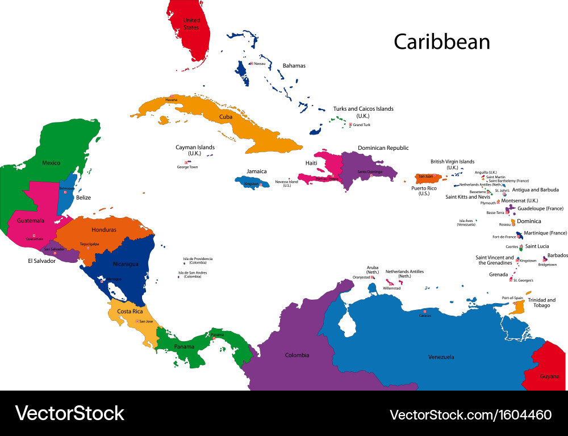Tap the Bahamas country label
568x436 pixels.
pyautogui.click(x=294, y=66)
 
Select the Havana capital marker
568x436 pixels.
pyautogui.click(x=172, y=96)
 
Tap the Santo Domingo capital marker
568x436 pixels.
pyautogui.click(x=371, y=175)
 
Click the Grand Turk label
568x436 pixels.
pyautogui.click(x=362, y=125)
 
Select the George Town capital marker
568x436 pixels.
pyautogui.click(x=186, y=163)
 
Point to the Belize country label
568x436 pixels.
pyautogui.click(x=83, y=198)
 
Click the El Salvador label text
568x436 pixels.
pyautogui.click(x=41, y=261)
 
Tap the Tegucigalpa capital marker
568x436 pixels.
pyautogui.click(x=87, y=248)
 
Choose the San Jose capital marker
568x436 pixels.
pyautogui.click(x=136, y=322)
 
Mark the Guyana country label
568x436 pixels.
pyautogui.click(x=549, y=376)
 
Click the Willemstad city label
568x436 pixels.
pyautogui.click(x=392, y=288)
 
